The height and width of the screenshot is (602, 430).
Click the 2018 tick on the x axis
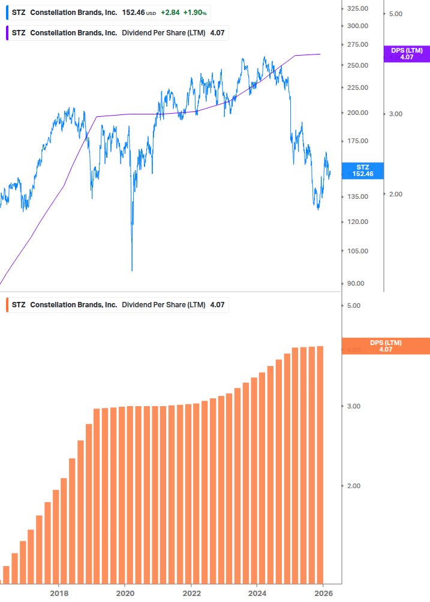coord(59,593)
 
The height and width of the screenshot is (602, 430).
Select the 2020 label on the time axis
coord(125,593)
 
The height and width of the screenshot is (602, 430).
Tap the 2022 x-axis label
coord(191,593)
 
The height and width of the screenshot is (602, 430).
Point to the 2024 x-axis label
coord(257,593)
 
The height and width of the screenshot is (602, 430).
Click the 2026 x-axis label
coord(323,593)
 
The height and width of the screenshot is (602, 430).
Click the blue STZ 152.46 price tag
coord(362,171)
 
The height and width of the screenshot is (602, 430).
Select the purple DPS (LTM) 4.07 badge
coord(407,54)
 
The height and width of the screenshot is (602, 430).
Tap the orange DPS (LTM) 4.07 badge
coord(385,346)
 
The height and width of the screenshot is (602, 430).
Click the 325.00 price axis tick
coord(357,8)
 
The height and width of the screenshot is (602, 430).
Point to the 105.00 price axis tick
coord(357,251)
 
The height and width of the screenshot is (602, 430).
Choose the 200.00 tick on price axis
coord(357,113)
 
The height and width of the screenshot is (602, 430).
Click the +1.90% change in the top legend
coord(196,13)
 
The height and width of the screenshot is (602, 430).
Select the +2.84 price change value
coord(170,13)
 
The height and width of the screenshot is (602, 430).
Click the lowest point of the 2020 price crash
coord(132,270)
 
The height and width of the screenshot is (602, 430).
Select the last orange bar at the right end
coord(320,464)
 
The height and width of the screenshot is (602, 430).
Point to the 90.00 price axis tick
coord(356,283)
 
